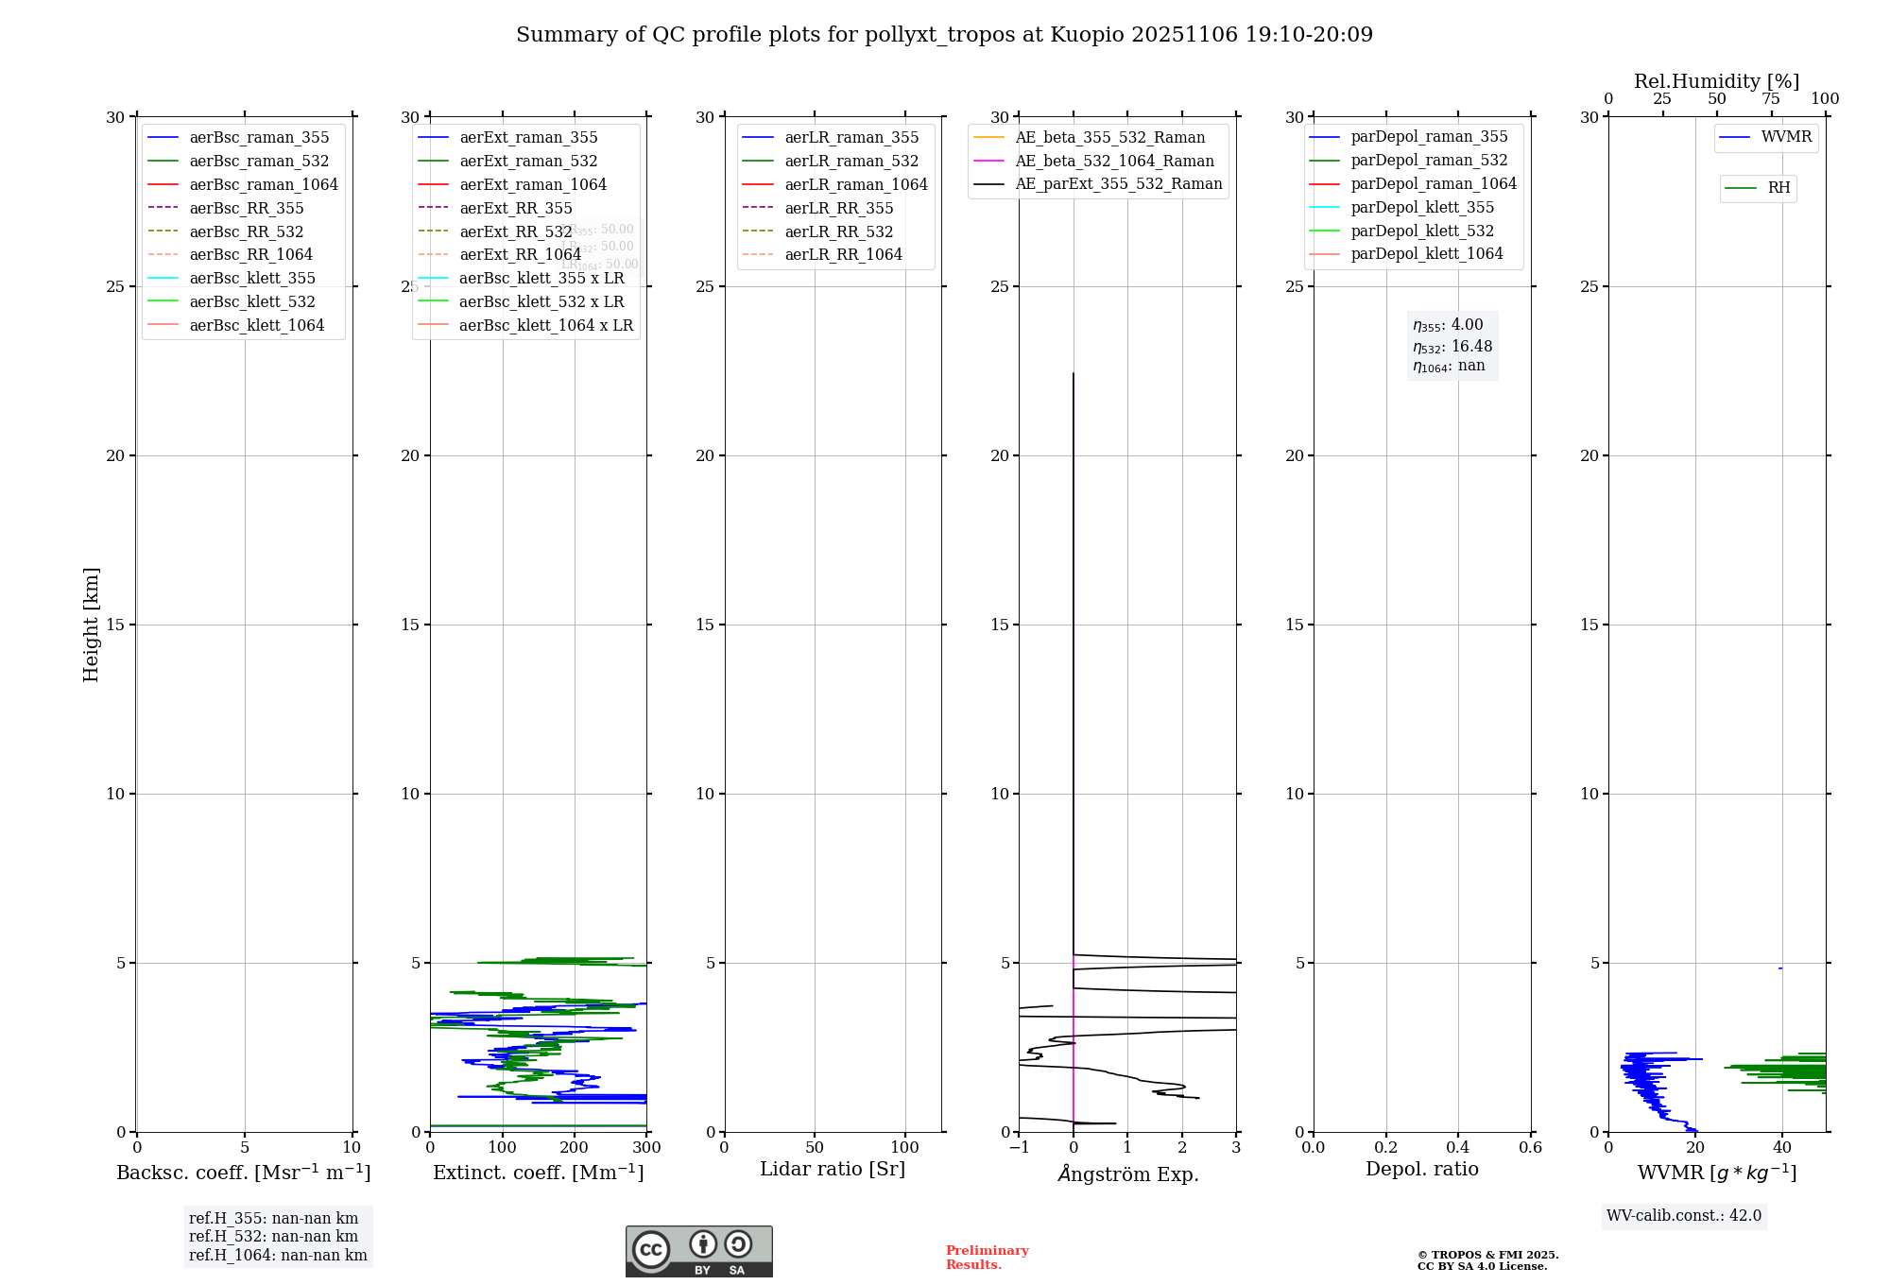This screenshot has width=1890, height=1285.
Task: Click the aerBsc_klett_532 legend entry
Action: tap(251, 301)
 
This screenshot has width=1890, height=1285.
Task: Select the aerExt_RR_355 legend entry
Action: tap(515, 208)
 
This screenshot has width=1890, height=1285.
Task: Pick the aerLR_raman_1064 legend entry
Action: tap(855, 184)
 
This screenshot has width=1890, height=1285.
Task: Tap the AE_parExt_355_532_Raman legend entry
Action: tap(1118, 183)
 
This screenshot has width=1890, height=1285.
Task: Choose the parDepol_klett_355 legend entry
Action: tap(1421, 207)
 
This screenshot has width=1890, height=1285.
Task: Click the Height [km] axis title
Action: tap(91, 624)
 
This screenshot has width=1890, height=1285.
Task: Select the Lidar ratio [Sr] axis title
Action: tap(832, 1169)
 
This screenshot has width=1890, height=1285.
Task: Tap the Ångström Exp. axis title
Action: tap(1127, 1174)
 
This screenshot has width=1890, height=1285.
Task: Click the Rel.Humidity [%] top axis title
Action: tap(1716, 81)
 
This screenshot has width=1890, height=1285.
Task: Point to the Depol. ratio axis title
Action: tap(1421, 1169)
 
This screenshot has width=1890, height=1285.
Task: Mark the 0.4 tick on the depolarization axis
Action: tap(1458, 1148)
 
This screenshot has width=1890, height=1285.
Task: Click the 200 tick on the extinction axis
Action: tap(575, 1148)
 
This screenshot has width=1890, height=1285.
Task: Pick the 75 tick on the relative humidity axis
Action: tap(1770, 99)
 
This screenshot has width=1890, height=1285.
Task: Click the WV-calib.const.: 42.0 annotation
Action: tap(1683, 1215)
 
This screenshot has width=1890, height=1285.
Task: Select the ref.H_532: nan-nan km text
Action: tap(273, 1236)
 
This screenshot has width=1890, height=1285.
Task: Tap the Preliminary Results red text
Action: tap(987, 1257)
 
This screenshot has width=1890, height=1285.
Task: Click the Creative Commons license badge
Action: tap(698, 1251)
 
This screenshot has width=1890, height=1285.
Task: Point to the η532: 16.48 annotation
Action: tap(1452, 347)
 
